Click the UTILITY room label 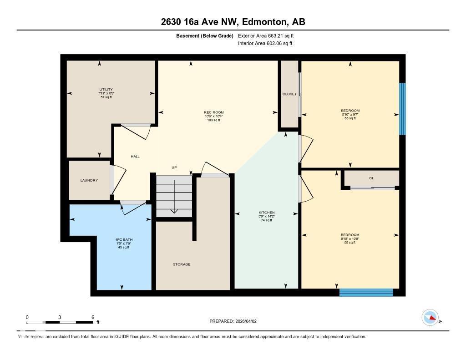click(106, 90)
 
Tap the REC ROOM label click(213, 112)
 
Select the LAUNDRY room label click(89, 180)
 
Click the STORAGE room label click(182, 264)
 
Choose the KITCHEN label click(266, 213)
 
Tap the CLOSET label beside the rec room click(289, 94)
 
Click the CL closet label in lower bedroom click(371, 178)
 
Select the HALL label click(135, 157)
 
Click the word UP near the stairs click(174, 167)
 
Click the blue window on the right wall click(402, 109)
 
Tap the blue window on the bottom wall click(366, 292)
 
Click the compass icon click(430, 317)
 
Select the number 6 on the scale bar click(93, 317)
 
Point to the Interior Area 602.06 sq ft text click(265, 44)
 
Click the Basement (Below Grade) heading click(205, 35)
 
